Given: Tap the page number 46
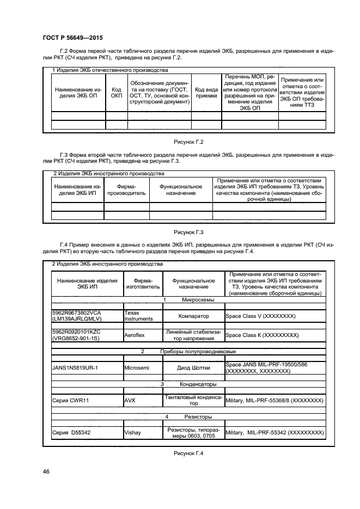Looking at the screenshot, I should (46, 471).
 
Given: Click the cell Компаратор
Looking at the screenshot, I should (193, 316).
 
